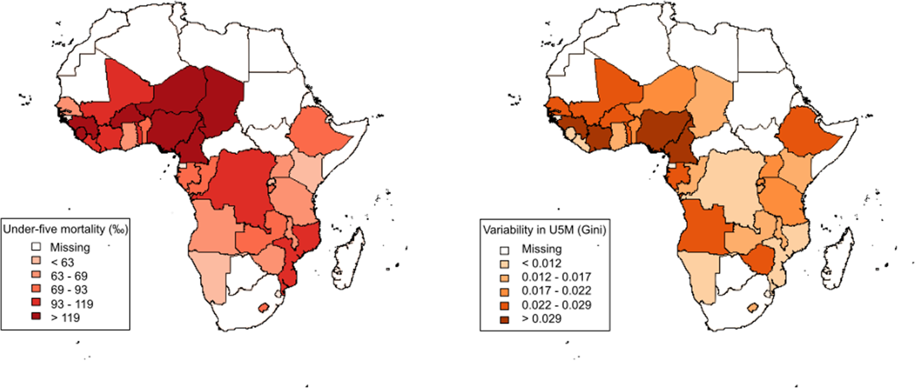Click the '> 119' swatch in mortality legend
(x=36, y=316)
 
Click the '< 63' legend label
(x=62, y=262)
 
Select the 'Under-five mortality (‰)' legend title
(x=65, y=229)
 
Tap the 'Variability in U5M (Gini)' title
(x=545, y=230)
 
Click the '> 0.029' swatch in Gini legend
(x=505, y=319)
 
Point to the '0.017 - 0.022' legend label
(x=556, y=291)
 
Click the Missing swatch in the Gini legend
(x=505, y=250)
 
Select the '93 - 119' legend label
(x=72, y=304)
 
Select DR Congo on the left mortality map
(x=240, y=189)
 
